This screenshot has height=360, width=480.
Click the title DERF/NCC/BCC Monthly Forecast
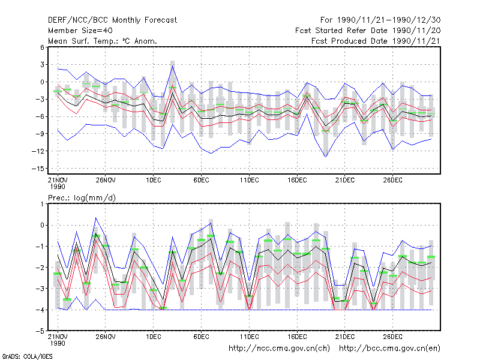112,20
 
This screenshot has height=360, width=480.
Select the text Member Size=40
80,31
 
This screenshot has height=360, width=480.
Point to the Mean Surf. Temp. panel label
102,41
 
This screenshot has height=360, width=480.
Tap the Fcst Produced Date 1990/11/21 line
376,41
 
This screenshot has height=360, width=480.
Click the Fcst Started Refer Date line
368,31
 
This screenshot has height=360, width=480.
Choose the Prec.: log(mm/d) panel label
82,198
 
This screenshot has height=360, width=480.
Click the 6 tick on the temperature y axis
42,47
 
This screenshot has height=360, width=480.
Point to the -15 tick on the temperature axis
38,169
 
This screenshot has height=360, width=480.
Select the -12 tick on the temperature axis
38,151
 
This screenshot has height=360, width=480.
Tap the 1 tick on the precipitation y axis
42,204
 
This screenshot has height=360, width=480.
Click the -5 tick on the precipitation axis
40,331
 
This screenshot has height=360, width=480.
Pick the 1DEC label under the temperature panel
154,180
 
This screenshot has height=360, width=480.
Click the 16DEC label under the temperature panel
297,180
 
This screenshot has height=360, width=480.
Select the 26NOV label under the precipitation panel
106,337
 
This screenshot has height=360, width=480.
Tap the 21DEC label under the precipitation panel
344,337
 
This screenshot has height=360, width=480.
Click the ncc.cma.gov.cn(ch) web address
279,349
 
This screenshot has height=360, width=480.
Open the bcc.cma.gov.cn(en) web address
389,349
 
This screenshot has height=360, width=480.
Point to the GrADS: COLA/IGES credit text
27,356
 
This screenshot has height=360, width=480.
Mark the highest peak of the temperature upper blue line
173,65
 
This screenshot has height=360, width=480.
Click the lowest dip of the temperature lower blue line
325,157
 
